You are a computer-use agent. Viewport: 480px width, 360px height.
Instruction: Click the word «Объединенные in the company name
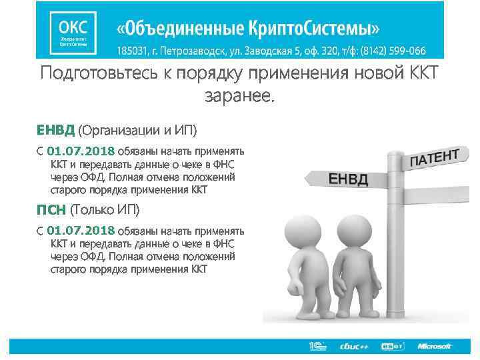pyautogui.click(x=172, y=29)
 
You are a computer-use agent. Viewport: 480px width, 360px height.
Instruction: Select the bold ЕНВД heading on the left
pyautogui.click(x=56, y=128)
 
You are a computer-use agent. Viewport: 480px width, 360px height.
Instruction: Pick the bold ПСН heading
pyautogui.click(x=51, y=211)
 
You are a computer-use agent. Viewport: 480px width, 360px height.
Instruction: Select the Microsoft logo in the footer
pyautogui.click(x=435, y=346)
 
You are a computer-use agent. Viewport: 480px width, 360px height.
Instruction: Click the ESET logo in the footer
pyautogui.click(x=392, y=346)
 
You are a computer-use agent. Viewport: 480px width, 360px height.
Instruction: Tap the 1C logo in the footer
pyautogui.click(x=316, y=345)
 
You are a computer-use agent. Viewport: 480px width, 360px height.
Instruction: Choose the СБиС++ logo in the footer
pyautogui.click(x=354, y=346)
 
